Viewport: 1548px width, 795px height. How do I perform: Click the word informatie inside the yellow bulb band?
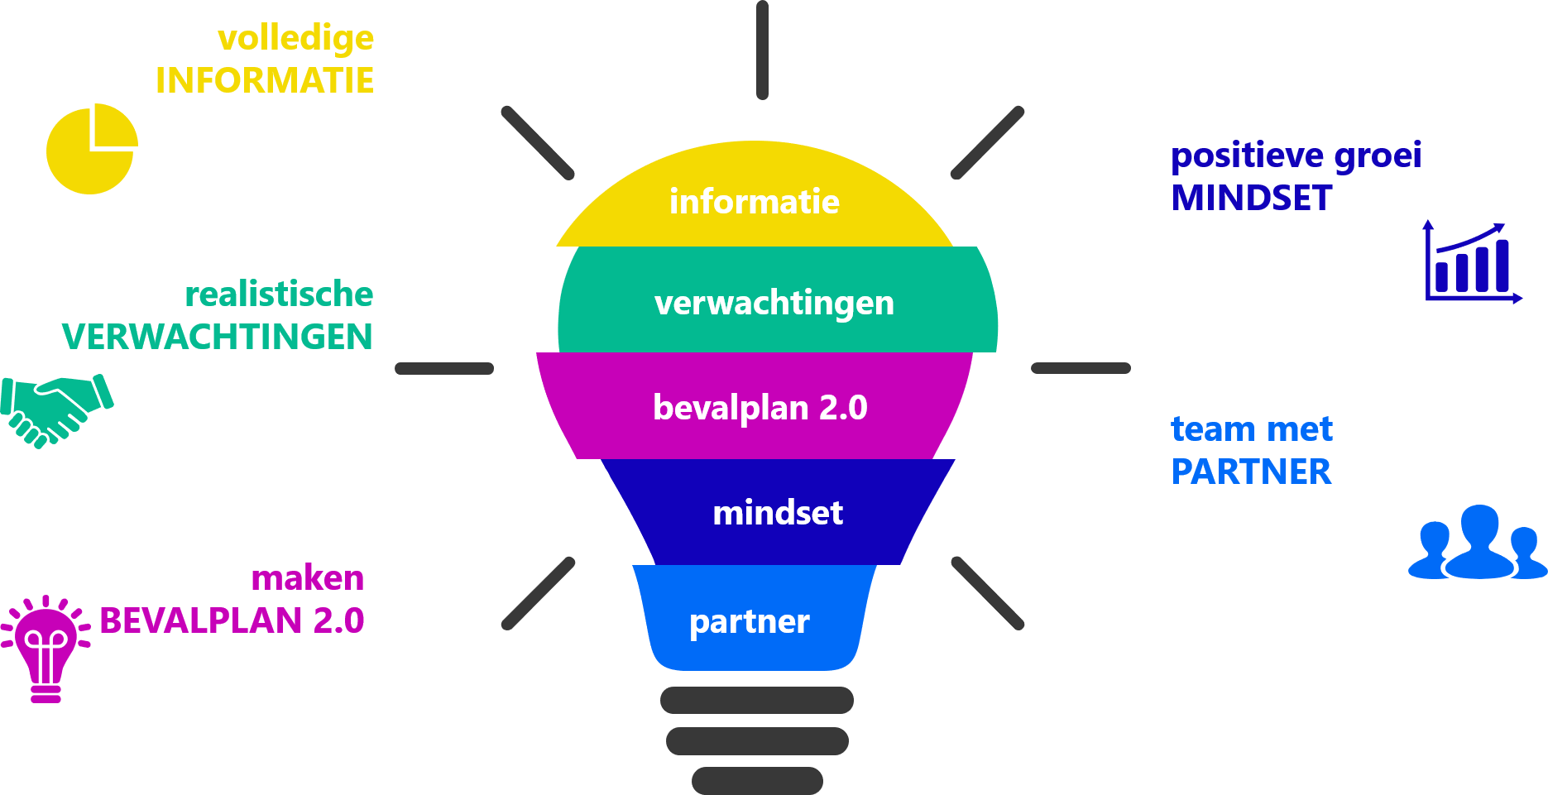pos(754,202)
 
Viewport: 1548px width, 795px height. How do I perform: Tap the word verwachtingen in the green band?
pos(774,303)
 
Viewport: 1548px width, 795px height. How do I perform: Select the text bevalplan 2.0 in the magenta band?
pos(760,408)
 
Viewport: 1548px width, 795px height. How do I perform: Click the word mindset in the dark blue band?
pos(778,513)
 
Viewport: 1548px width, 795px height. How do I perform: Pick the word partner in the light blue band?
pos(749,621)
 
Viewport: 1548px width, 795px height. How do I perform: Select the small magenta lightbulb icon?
pos(46,649)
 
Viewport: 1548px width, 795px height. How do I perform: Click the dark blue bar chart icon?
pos(1472,263)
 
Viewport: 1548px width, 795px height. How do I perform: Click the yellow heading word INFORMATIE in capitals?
pos(265,81)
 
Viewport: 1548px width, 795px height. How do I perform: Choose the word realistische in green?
pos(279,295)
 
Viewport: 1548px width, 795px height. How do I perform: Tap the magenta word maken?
pos(308,578)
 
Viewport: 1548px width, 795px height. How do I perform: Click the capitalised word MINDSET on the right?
pos(1252,199)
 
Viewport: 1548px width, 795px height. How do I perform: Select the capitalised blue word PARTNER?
pos(1251,472)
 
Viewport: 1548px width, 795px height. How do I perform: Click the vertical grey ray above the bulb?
pos(762,50)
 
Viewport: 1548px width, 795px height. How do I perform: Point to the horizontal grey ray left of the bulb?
pos(444,369)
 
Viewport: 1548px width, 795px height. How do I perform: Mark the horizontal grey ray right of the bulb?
pos(1081,368)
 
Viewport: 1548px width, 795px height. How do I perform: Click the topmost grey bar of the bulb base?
pos(756,700)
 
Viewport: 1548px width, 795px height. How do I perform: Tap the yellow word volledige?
pos(295,38)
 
